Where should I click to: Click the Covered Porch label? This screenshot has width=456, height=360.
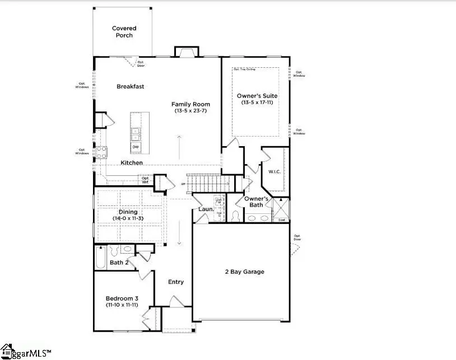pyautogui.click(x=124, y=32)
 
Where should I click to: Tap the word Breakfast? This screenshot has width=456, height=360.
pyautogui.click(x=131, y=87)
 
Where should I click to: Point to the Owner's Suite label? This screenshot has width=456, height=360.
pyautogui.click(x=257, y=96)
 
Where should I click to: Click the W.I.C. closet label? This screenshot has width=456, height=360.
pyautogui.click(x=274, y=171)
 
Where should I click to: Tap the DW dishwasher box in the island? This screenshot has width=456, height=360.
pyautogui.click(x=136, y=147)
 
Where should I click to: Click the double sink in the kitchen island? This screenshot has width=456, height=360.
pyautogui.click(x=136, y=134)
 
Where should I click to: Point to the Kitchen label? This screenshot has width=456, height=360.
pyautogui.click(x=132, y=163)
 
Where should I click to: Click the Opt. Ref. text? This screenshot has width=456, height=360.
pyautogui.click(x=145, y=180)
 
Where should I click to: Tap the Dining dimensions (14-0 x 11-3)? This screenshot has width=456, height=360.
pyautogui.click(x=128, y=218)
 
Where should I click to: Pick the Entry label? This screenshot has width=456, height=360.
pyautogui.click(x=176, y=282)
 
